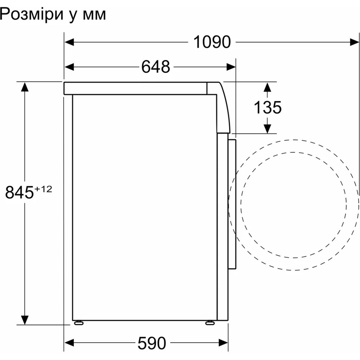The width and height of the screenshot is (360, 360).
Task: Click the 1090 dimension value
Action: click(x=212, y=42)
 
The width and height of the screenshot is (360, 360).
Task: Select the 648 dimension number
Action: click(x=155, y=67)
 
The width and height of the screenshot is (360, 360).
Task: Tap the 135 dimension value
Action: click(x=267, y=107)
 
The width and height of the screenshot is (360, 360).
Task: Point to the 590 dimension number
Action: click(x=152, y=342)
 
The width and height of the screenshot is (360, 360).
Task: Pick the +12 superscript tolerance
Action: click(x=43, y=189)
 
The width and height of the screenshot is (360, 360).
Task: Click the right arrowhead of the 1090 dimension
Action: click(x=354, y=42)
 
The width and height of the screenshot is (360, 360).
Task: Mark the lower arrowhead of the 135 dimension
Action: click(x=267, y=128)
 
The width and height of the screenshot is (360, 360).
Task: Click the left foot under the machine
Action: click(x=77, y=323)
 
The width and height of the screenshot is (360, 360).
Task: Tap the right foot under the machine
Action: click(x=209, y=323)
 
